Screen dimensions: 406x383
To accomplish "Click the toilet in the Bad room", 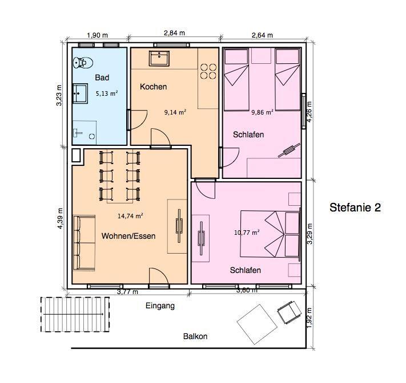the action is [x=83, y=62].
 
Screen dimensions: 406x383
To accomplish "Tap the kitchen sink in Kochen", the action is [x=159, y=58].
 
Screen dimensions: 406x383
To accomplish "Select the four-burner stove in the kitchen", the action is [x=208, y=71].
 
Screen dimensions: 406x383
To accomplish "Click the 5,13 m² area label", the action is [x=107, y=93].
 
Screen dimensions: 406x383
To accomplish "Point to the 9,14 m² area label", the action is [x=175, y=112].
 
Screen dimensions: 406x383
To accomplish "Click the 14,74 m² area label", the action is [x=130, y=216].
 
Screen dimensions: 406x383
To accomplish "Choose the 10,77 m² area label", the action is [x=247, y=233].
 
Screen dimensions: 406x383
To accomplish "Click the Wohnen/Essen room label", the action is [x=128, y=236].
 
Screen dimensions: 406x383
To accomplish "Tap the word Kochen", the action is [x=153, y=87].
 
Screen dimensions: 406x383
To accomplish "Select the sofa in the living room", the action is [x=84, y=243].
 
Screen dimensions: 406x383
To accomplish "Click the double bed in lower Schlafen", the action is [x=270, y=234].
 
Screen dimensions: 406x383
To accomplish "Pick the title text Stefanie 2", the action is [x=355, y=207].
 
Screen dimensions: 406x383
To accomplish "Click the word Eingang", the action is [x=160, y=306].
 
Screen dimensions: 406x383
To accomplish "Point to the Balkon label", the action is [x=195, y=336].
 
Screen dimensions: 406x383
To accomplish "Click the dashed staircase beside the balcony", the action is [x=75, y=314].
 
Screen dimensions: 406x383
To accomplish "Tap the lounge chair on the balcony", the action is [x=289, y=312].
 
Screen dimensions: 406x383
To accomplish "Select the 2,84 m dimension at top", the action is [x=175, y=33].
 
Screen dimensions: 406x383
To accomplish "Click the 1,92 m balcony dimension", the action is [x=309, y=318].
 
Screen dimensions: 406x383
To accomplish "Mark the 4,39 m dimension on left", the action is [x=60, y=218].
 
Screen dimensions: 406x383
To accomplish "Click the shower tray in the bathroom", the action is [x=85, y=133].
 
